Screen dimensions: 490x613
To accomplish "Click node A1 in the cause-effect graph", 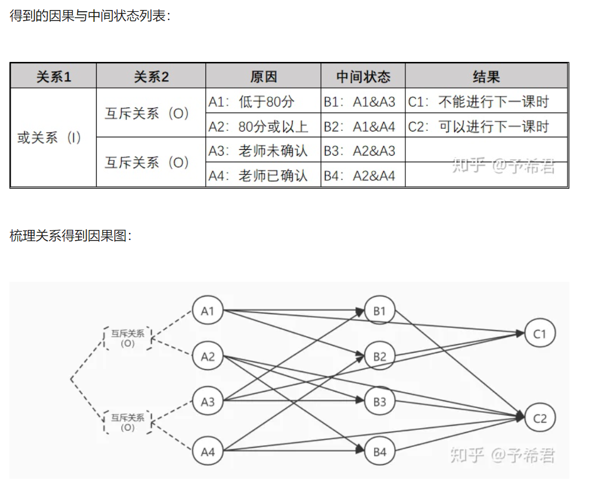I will (x=208, y=310).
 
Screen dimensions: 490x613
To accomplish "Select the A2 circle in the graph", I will (x=208, y=356).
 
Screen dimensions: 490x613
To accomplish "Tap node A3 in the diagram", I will (x=208, y=402).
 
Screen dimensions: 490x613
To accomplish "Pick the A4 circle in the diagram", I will (x=208, y=452).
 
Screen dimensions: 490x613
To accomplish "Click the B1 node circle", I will (x=379, y=310).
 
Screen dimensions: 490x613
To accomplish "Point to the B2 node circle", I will (x=379, y=356).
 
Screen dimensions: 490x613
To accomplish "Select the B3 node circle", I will (x=379, y=402).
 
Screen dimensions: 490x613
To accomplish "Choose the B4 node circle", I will (x=379, y=452).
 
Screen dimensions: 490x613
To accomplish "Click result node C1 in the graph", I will (x=540, y=334).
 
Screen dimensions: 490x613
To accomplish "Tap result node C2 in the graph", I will (x=540, y=418).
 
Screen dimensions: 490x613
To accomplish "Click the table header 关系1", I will (x=54, y=77).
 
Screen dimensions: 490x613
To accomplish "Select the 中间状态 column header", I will (x=363, y=77).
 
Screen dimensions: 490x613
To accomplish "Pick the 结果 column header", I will (x=486, y=77).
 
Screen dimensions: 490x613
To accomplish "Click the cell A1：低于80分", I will (x=251, y=101).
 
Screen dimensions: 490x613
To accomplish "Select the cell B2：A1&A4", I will (x=359, y=126).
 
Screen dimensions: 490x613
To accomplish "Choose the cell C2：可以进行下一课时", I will (x=478, y=126).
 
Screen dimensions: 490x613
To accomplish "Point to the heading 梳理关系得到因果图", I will (x=71, y=236).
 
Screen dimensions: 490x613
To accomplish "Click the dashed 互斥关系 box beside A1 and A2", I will (x=127, y=338).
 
